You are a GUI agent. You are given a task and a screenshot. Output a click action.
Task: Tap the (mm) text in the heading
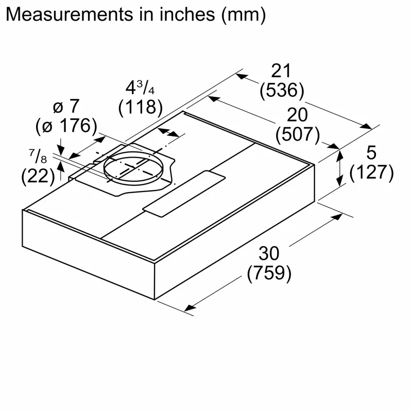[242, 14]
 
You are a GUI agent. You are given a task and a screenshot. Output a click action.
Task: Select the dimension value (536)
[282, 91]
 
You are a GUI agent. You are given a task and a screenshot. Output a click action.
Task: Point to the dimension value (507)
[297, 134]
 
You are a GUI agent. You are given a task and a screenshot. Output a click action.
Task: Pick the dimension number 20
[297, 114]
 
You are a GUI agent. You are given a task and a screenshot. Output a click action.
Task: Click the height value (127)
[371, 173]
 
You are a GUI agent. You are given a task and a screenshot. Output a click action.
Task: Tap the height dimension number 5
[371, 152]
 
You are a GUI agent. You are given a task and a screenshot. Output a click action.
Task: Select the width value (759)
[269, 273]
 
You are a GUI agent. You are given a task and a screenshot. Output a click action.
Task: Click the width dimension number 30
[269, 253]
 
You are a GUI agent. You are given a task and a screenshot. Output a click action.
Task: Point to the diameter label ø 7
[66, 107]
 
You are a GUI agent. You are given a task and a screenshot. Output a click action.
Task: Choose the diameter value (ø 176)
[66, 126]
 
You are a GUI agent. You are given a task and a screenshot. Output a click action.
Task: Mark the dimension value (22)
[38, 176]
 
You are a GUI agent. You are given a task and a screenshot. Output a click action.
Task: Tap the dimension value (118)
[140, 107]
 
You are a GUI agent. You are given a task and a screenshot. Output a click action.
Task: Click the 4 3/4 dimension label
[140, 87]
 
